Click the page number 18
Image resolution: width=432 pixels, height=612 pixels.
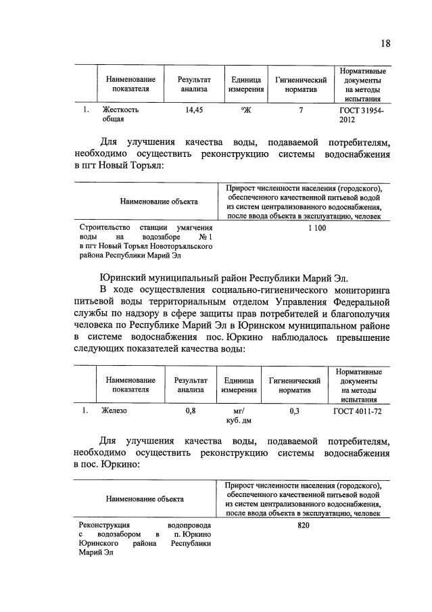click(385, 44)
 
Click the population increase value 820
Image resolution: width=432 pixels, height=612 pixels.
click(303, 525)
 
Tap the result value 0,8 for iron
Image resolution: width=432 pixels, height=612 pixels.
click(191, 410)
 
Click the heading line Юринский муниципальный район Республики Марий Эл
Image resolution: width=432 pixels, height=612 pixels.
click(222, 278)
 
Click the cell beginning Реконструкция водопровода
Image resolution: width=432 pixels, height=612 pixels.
click(145, 539)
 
